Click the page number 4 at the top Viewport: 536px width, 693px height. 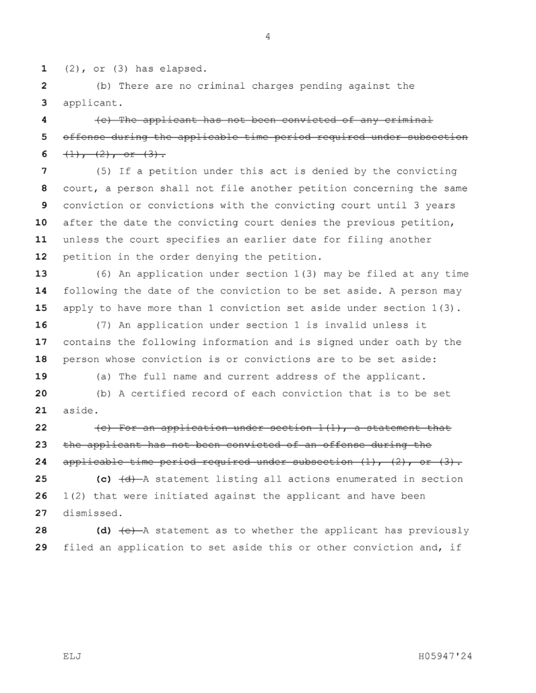tap(268, 38)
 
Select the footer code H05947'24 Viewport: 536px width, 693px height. tap(444, 655)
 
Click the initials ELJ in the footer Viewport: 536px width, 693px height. tap(71, 655)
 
